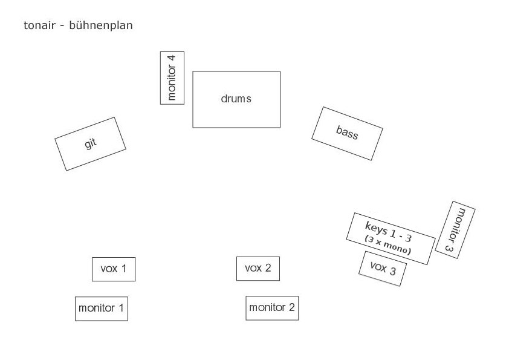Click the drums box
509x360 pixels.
[x=236, y=99]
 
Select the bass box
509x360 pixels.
[x=347, y=133]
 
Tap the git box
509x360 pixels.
[x=90, y=143]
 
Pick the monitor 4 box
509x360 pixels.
[x=172, y=77]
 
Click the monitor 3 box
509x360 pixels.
[x=455, y=229]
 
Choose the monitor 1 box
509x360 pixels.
[x=101, y=308]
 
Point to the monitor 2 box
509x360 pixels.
[x=272, y=307]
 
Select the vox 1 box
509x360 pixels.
[x=114, y=269]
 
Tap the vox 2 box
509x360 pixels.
[x=258, y=268]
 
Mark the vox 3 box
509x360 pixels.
[x=382, y=268]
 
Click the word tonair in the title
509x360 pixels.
[x=39, y=25]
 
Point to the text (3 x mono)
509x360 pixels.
[x=387, y=244]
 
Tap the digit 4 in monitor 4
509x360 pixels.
[x=172, y=59]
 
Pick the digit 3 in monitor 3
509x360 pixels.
[x=449, y=247]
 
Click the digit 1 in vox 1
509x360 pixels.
[x=123, y=268]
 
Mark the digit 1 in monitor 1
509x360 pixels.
[x=121, y=308]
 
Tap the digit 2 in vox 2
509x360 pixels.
[x=268, y=268]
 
